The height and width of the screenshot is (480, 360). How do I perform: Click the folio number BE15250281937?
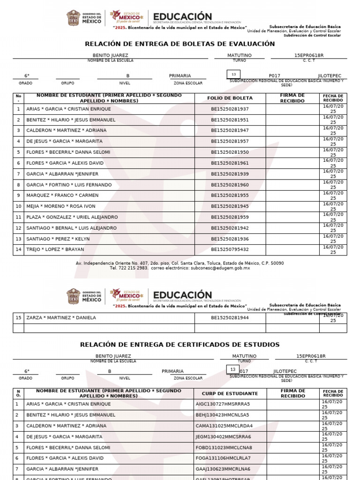point(230,109)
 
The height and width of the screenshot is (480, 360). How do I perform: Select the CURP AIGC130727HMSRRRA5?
point(223,404)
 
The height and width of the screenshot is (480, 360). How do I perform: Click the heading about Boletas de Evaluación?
point(180,44)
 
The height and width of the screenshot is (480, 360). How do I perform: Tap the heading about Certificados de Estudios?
point(180,345)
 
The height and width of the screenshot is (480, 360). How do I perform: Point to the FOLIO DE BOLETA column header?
point(230,98)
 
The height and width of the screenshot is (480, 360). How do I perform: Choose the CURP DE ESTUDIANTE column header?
point(230,394)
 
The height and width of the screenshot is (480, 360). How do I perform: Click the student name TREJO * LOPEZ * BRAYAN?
point(55,249)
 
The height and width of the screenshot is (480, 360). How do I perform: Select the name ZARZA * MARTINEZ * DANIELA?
point(61,317)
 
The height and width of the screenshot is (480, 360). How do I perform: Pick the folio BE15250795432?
point(230,249)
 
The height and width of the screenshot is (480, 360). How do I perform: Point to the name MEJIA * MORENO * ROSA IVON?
point(60,206)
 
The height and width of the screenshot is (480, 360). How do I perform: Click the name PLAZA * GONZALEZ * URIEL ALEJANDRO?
point(72,217)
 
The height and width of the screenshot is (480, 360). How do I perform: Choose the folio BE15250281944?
point(230,317)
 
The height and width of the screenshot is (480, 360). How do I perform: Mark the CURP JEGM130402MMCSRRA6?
point(224,436)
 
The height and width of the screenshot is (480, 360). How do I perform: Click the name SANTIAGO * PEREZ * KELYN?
point(58,239)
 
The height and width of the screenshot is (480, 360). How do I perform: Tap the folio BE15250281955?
point(230,195)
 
